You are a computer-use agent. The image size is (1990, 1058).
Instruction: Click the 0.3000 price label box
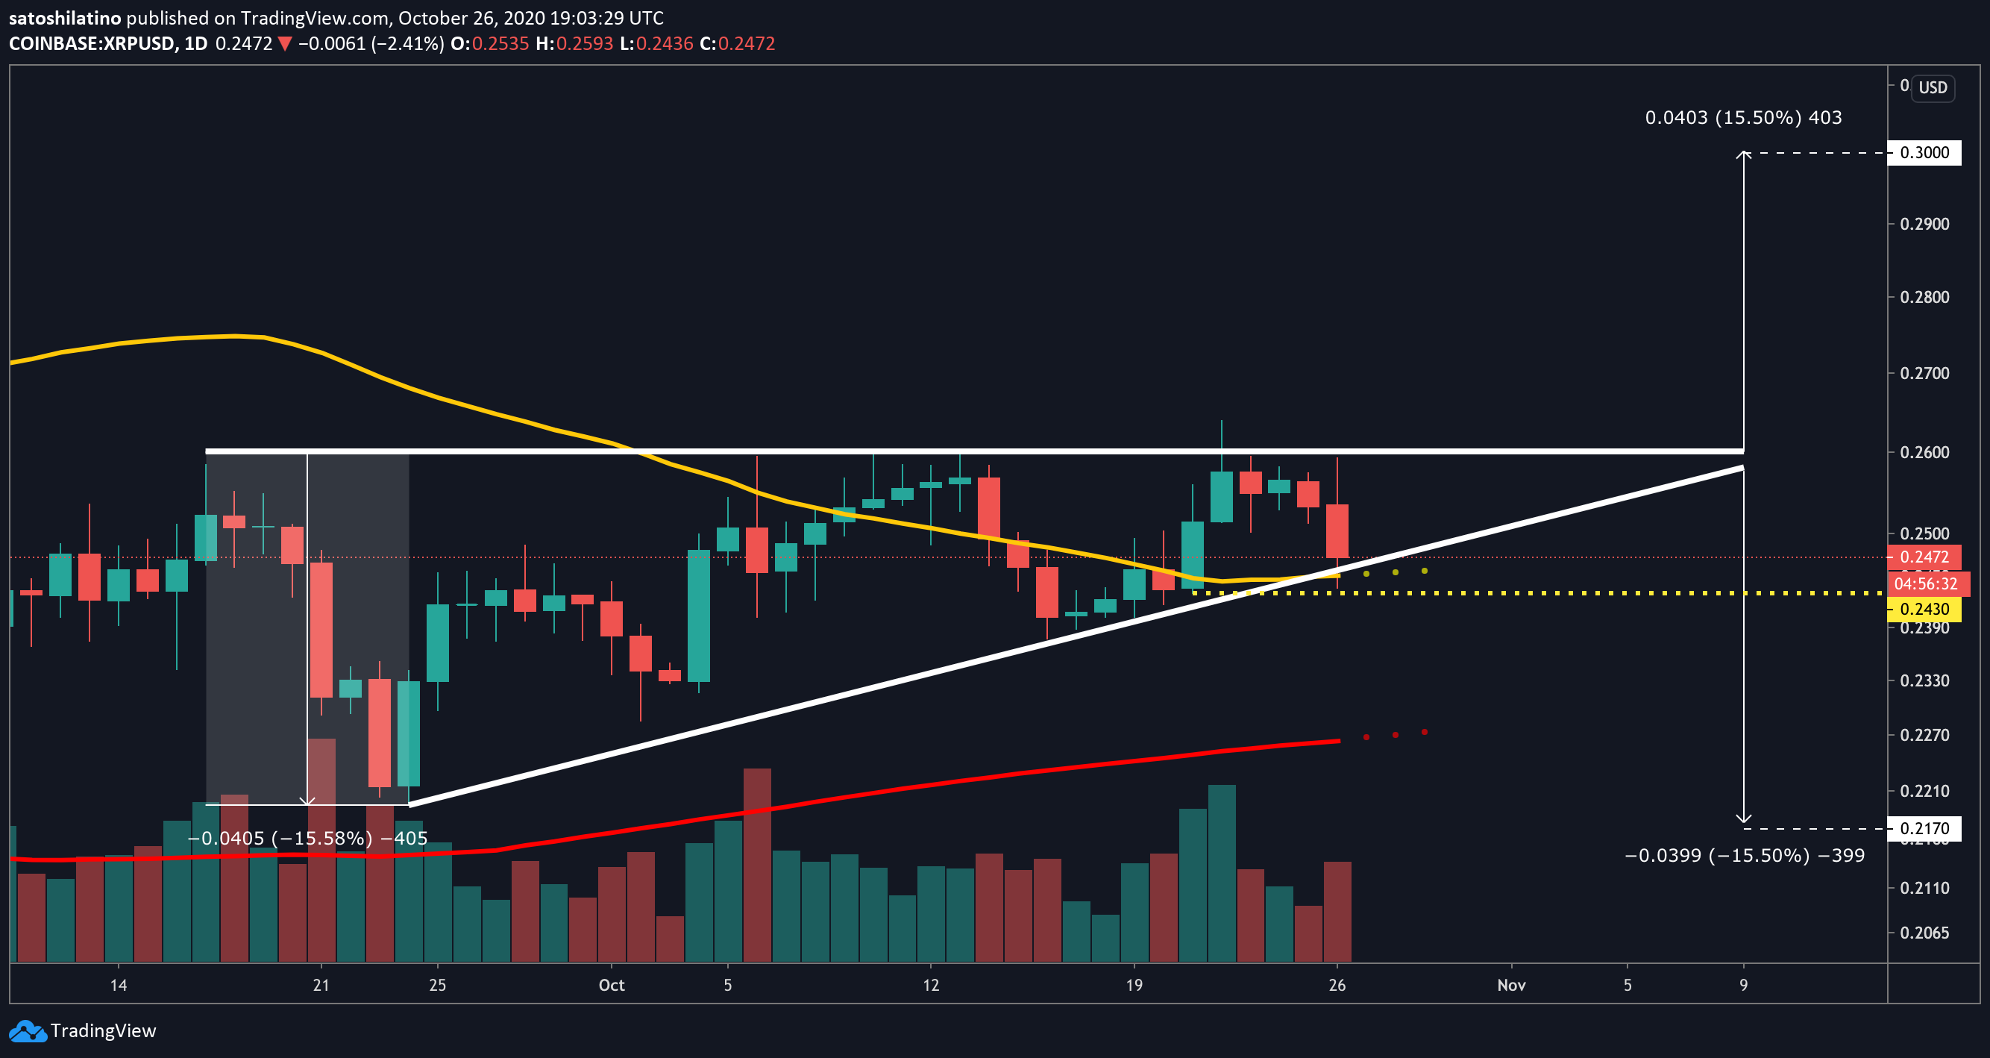coord(1924,152)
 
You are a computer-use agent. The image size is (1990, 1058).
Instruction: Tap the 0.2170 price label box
coord(1924,828)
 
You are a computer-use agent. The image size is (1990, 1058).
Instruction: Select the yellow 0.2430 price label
coord(1924,609)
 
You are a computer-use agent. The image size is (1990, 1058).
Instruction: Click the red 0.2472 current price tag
coord(1924,557)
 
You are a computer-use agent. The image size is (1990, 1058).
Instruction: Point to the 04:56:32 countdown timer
coord(1925,583)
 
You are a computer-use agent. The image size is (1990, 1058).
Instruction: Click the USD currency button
coord(1933,87)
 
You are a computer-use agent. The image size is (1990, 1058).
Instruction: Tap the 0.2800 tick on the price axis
coord(1924,297)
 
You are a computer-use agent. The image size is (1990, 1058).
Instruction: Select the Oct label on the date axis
coord(611,985)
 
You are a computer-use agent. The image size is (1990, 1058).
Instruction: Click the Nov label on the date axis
coord(1511,985)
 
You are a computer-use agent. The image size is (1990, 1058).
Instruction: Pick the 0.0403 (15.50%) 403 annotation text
coord(1743,117)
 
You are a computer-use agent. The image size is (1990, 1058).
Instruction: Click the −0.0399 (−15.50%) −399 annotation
coord(1745,856)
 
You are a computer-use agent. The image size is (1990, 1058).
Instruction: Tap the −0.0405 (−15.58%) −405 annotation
coord(307,839)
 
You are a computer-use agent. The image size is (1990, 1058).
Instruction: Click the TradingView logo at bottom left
coord(83,1031)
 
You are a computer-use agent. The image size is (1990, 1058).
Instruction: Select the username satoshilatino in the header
coord(65,18)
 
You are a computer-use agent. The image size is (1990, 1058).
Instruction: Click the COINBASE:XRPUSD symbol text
coord(92,43)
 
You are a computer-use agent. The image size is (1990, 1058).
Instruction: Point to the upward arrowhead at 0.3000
coord(1744,155)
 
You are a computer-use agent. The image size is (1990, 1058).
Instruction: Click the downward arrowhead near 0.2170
coord(1744,819)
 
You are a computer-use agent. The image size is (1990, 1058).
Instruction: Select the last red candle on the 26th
coord(1337,531)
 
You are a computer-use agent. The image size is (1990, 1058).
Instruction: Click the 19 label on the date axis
coord(1133,985)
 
